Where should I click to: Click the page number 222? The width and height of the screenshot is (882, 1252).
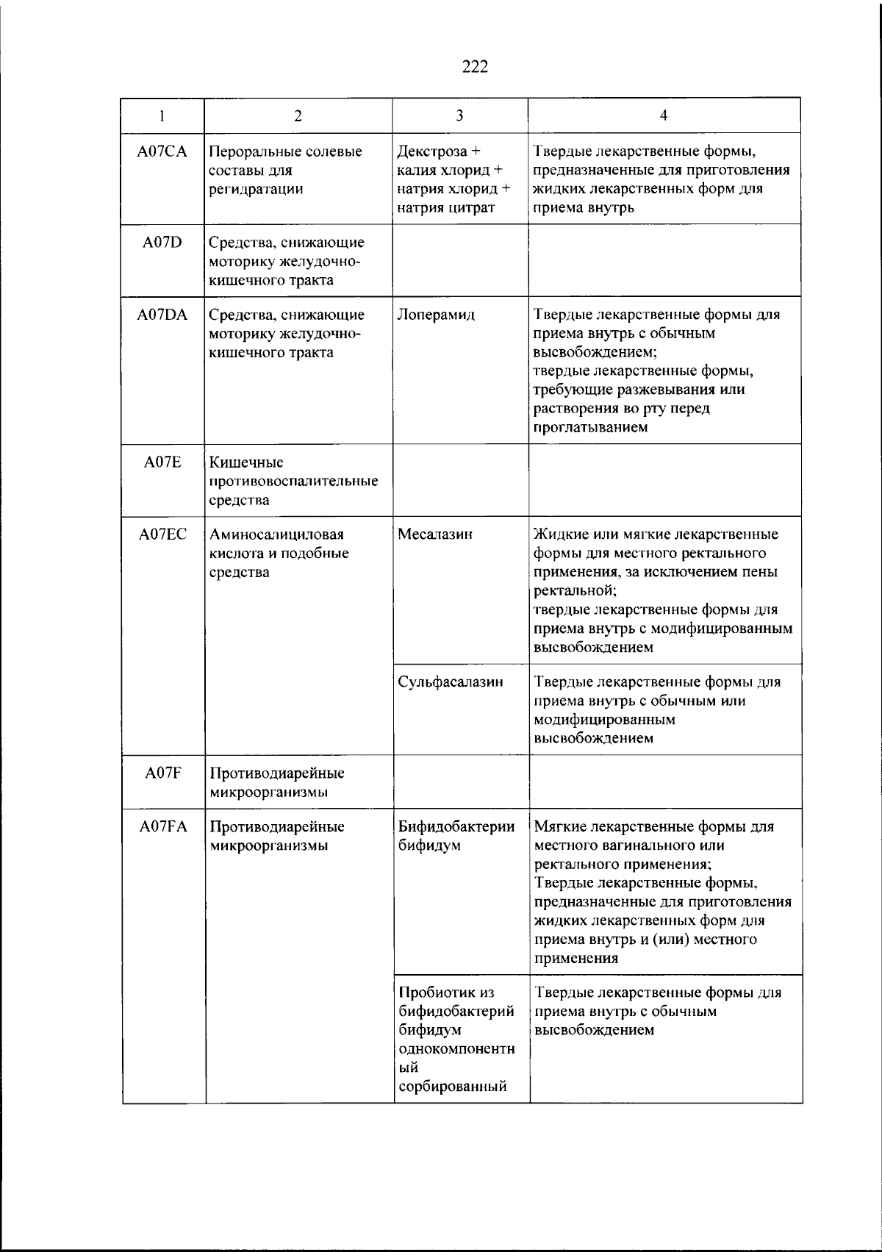(x=475, y=67)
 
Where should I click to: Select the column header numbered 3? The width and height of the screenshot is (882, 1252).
(x=459, y=115)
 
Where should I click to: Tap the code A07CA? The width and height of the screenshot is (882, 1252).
(x=162, y=151)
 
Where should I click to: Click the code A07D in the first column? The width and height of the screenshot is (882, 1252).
(x=162, y=242)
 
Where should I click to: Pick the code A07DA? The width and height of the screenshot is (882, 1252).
(x=162, y=315)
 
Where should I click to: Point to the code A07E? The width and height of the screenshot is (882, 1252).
(x=162, y=462)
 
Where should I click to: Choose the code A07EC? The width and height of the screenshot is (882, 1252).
(x=162, y=534)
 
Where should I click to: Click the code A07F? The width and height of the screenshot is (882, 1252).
(x=162, y=773)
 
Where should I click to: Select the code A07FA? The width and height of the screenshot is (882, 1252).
(x=162, y=826)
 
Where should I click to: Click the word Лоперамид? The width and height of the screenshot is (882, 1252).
(x=436, y=315)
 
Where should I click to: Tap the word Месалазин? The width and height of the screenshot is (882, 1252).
(x=435, y=534)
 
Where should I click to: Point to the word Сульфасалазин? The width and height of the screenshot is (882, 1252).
(x=451, y=682)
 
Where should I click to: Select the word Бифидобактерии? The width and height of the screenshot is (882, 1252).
(x=456, y=826)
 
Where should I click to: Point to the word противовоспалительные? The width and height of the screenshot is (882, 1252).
(x=294, y=482)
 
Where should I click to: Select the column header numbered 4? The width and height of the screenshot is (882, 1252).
(x=664, y=115)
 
